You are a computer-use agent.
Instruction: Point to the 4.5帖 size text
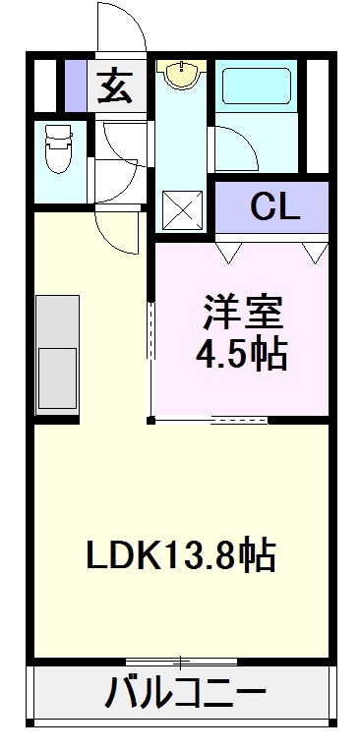pos(243,354)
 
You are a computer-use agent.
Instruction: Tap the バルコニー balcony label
pos(185,696)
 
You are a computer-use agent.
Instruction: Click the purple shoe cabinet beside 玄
pos(76,87)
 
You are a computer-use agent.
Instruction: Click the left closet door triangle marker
pos(228,252)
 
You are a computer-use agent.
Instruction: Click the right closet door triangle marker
pos(315,252)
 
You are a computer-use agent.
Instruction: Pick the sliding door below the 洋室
pos(238,421)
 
